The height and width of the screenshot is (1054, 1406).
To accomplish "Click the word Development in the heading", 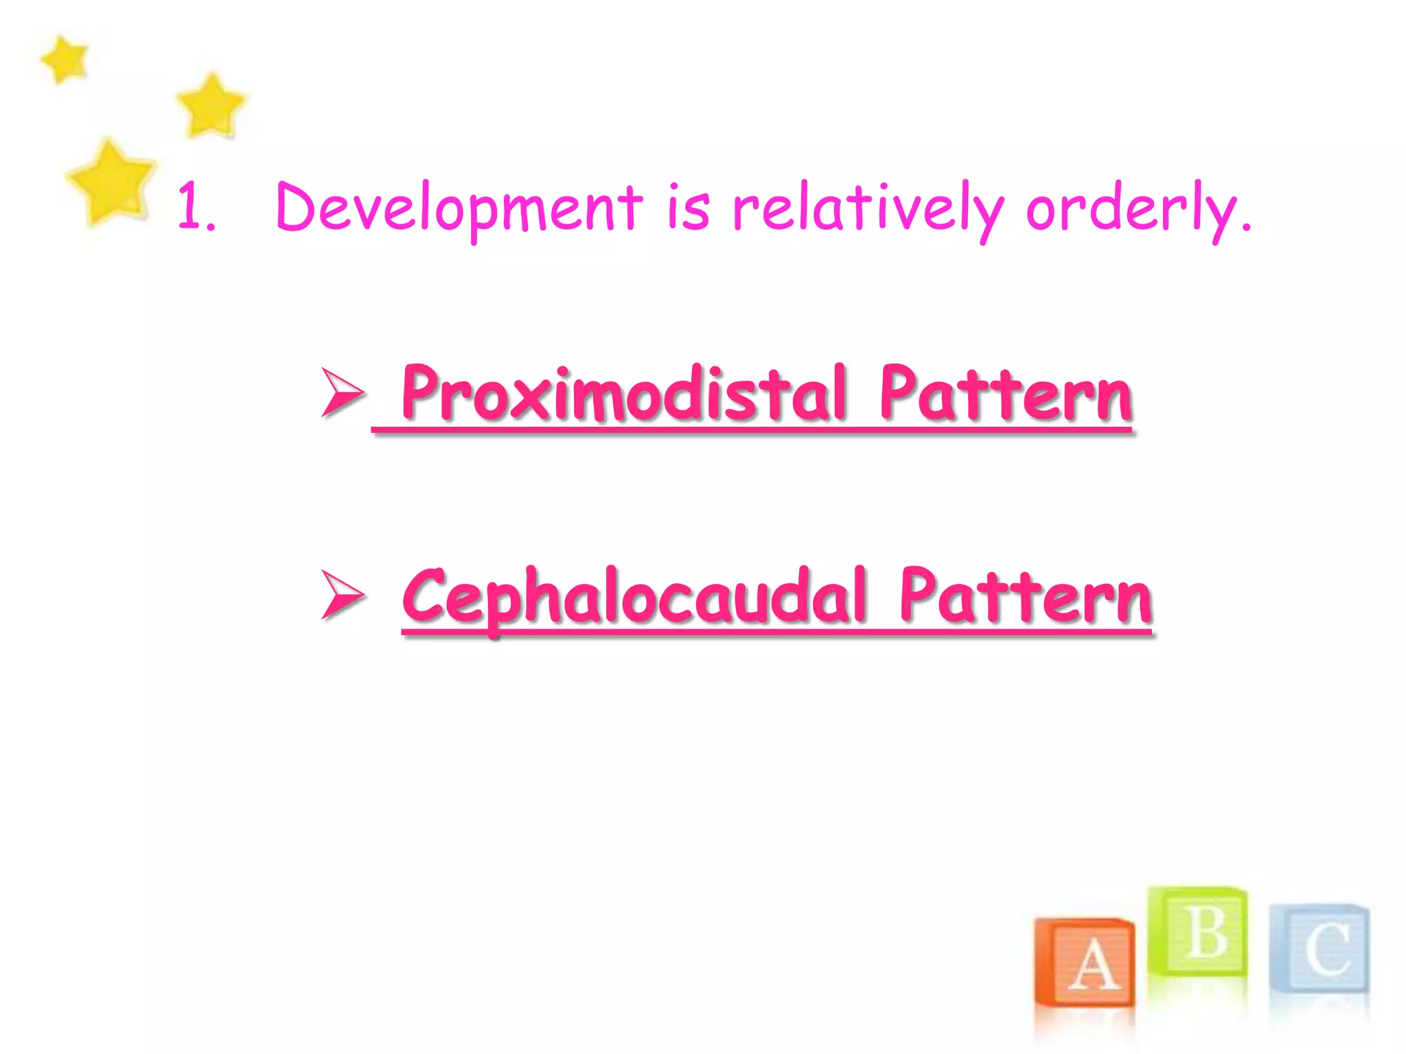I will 459,207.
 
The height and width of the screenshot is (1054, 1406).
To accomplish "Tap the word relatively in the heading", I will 868,207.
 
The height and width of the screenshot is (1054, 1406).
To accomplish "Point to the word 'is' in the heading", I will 688,207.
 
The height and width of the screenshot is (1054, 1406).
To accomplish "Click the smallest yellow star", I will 65,59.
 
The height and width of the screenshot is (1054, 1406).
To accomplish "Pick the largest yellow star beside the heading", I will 111,183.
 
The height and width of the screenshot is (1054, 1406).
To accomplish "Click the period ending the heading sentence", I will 1246,226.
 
